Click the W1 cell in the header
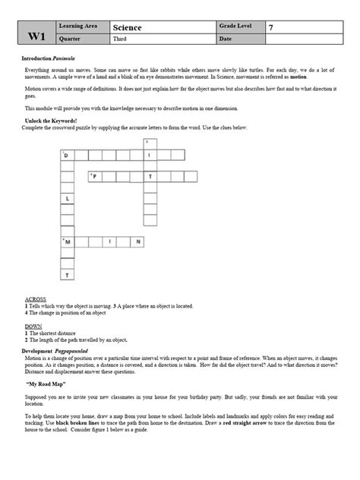click(36, 34)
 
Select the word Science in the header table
click(128, 28)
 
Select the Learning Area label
click(87, 27)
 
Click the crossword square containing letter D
click(67, 155)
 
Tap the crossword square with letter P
click(94, 176)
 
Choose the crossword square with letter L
click(67, 198)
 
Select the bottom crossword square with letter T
click(67, 273)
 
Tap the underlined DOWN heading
click(33, 327)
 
